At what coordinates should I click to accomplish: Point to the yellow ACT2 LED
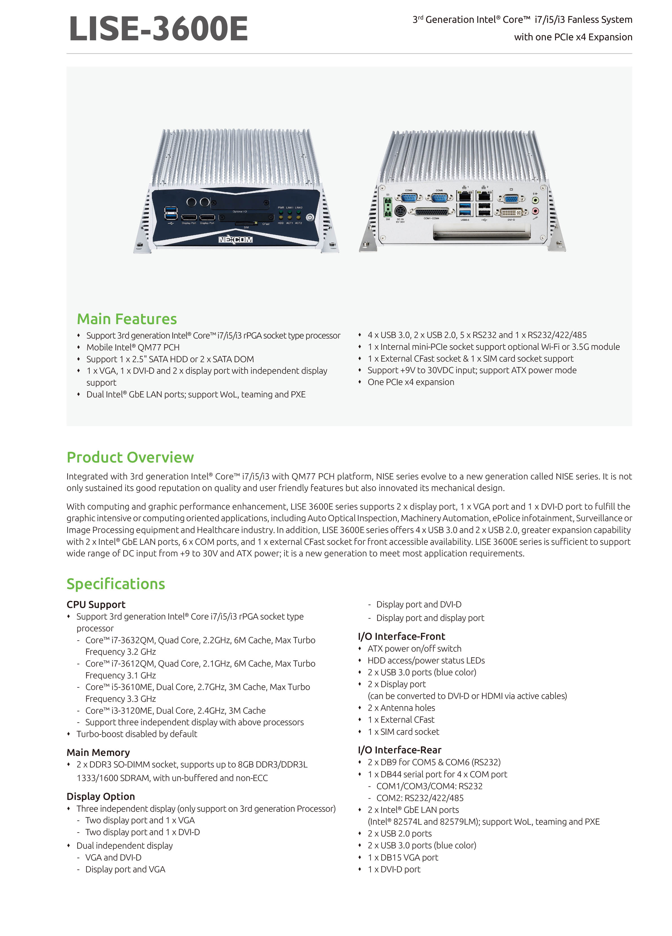click(298, 217)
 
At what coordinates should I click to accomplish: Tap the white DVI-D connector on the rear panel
click(511, 213)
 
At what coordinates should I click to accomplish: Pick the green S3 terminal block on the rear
click(388, 207)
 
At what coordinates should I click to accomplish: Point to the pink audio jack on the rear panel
click(535, 211)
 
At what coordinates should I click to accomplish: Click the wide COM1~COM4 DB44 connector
click(431, 212)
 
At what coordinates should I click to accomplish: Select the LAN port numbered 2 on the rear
click(484, 195)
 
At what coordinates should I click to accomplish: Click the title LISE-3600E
click(158, 29)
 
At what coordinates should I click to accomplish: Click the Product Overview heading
click(130, 457)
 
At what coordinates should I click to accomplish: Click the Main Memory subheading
click(98, 752)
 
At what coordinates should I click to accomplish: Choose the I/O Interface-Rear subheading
click(399, 750)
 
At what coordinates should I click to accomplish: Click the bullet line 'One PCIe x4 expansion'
click(411, 382)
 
